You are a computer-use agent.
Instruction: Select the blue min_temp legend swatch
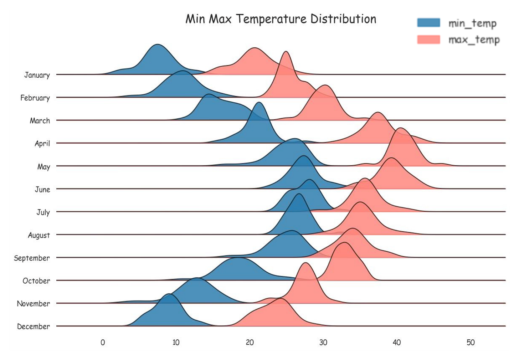tap(428, 23)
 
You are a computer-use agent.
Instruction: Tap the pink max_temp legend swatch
tap(428, 39)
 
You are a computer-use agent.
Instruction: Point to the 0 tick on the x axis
tap(103, 343)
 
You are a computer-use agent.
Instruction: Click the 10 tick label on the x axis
tap(176, 343)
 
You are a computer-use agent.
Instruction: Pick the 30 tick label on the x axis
tap(323, 343)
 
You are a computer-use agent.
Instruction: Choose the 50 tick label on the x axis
tap(471, 343)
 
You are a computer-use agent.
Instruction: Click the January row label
tap(37, 75)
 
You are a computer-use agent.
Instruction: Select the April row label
tap(42, 143)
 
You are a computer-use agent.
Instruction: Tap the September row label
tap(32, 258)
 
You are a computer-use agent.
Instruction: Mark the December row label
tap(34, 326)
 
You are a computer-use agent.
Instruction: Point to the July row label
tap(43, 212)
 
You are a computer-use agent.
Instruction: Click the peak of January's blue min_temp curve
tap(157, 45)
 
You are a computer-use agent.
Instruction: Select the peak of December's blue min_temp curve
tap(169, 294)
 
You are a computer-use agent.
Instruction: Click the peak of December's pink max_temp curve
tap(281, 299)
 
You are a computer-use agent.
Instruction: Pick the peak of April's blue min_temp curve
tap(259, 103)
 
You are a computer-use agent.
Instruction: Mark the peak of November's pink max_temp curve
tap(305, 263)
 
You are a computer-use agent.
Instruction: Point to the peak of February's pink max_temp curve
tap(286, 52)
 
